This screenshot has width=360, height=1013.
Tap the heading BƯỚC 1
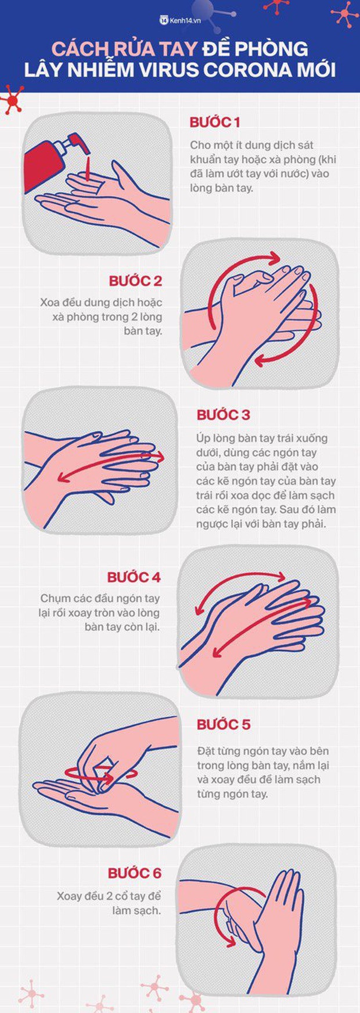[x=215, y=123]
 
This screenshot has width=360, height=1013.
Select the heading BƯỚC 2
[x=135, y=281]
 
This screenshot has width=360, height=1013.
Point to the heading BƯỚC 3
[x=224, y=415]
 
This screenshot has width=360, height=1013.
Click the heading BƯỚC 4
[x=134, y=577]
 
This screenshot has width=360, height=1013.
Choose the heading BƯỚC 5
[x=224, y=725]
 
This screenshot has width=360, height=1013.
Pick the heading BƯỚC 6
[x=134, y=874]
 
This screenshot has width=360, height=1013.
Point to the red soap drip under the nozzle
[x=86, y=167]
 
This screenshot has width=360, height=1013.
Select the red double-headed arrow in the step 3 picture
[x=111, y=467]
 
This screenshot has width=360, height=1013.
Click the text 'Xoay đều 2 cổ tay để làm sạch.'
[x=109, y=903]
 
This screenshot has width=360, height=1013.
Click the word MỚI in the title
[x=322, y=70]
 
